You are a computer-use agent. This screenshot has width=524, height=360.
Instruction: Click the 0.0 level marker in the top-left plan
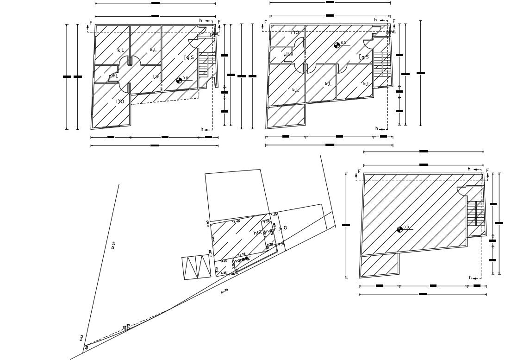coord(180,81)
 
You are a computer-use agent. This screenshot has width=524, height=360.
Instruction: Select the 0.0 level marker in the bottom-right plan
coord(400,229)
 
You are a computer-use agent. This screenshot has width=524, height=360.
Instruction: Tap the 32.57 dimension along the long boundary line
coord(113,246)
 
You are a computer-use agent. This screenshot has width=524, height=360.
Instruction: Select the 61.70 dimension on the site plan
coord(224,291)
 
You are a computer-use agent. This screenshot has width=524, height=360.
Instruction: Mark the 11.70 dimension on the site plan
coord(211,254)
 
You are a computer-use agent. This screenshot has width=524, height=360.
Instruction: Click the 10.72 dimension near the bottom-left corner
coord(126,327)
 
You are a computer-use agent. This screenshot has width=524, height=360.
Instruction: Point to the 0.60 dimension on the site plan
coord(208,223)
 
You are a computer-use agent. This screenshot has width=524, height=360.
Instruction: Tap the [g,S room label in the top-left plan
coord(189,57)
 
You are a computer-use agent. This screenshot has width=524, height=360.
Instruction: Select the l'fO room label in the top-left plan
coord(119,101)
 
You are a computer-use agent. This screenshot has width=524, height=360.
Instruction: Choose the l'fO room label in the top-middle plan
coord(295,32)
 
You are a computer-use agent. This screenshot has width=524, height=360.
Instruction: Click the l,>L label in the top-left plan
coord(156,76)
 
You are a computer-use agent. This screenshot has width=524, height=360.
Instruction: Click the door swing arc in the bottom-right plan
coord(462,190)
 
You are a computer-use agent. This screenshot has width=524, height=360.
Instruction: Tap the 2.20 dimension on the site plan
coord(267,221)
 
